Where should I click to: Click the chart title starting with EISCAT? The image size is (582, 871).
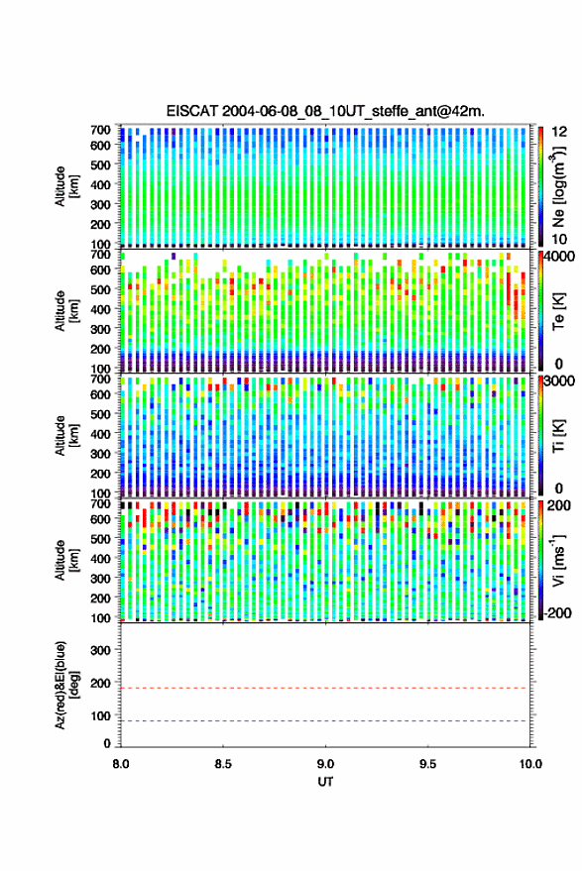[325, 111]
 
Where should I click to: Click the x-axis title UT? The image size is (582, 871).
[325, 782]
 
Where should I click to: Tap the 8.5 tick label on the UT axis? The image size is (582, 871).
[223, 764]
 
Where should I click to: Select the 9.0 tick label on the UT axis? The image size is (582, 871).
[325, 764]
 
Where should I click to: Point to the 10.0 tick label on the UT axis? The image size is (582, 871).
[530, 764]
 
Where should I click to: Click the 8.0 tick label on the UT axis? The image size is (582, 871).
[121, 764]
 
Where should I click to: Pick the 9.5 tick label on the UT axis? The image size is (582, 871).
[427, 764]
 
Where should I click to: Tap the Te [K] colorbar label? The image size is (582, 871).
[558, 311]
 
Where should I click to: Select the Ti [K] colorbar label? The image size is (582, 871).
[558, 436]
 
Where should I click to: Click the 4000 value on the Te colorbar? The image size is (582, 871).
[558, 258]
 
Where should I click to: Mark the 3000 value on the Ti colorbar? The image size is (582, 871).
[559, 381]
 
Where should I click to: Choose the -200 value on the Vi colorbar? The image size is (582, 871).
[557, 613]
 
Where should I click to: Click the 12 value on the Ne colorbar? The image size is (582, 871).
[559, 132]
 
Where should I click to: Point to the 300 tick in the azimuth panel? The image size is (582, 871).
[100, 650]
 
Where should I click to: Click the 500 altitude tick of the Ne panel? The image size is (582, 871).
[100, 164]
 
